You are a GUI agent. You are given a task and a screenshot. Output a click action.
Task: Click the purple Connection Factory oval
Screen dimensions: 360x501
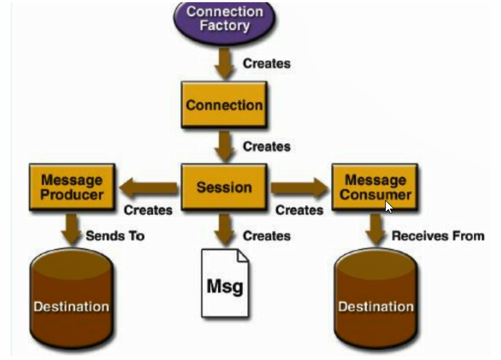click(224, 21)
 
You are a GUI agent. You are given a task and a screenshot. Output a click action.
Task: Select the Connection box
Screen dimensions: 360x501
click(224, 105)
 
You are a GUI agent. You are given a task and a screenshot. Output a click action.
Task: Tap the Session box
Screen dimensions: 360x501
click(224, 187)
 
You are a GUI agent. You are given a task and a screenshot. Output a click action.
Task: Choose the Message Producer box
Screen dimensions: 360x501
click(72, 187)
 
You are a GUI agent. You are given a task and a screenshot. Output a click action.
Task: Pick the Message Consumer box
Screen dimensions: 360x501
click(375, 187)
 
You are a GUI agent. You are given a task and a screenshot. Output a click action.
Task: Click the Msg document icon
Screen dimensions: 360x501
click(225, 283)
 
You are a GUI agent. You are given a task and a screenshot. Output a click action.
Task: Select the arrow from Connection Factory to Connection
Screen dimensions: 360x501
click(224, 63)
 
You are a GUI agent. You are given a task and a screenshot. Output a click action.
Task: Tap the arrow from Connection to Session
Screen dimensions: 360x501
click(224, 147)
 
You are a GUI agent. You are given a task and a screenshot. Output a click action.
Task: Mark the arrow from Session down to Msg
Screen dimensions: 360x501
click(224, 230)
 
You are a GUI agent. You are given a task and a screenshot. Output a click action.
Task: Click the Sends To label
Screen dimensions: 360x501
click(115, 236)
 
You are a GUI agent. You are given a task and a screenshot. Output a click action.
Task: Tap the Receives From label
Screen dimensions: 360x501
click(438, 236)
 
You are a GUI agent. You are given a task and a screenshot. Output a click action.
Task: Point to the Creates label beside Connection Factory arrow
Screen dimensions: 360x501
click(267, 63)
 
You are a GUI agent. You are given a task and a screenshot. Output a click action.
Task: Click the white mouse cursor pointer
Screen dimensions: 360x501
click(388, 206)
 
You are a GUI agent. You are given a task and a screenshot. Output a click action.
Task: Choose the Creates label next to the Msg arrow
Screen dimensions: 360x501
click(267, 236)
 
